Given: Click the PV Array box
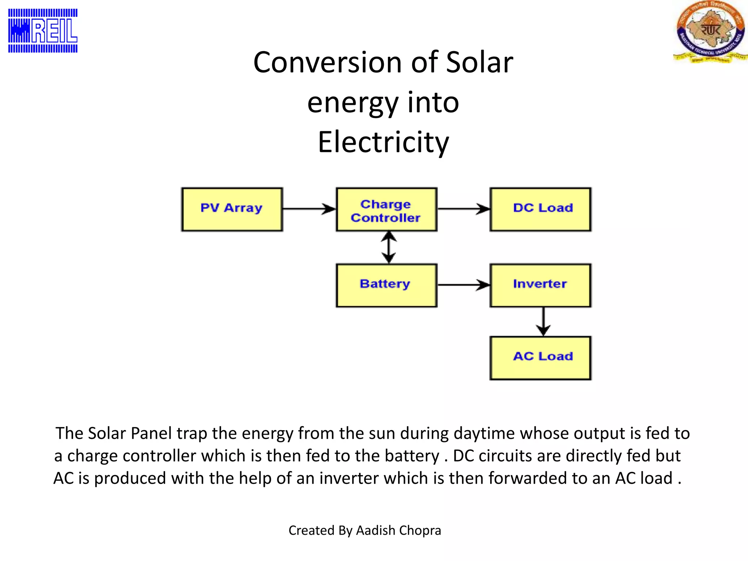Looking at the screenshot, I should [x=232, y=209].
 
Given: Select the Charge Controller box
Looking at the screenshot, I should [x=386, y=209].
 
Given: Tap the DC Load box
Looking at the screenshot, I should [x=541, y=209].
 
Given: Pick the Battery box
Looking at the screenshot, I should [x=386, y=285].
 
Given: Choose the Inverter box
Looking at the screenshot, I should [x=541, y=285].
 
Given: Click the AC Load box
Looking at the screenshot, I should [x=541, y=358].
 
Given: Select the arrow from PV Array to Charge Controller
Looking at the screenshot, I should [x=309, y=209].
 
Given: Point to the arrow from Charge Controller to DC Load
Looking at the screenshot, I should [x=463, y=209].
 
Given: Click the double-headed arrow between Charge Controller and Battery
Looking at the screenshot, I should [x=389, y=247].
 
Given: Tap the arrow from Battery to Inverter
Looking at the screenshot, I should [x=463, y=285].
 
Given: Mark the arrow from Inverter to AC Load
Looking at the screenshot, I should [x=543, y=321].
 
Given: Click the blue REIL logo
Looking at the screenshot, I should [x=43, y=31].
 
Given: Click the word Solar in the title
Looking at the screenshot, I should [x=480, y=62].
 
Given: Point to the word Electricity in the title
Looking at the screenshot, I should [x=383, y=142].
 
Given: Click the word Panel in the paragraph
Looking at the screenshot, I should [x=151, y=434].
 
